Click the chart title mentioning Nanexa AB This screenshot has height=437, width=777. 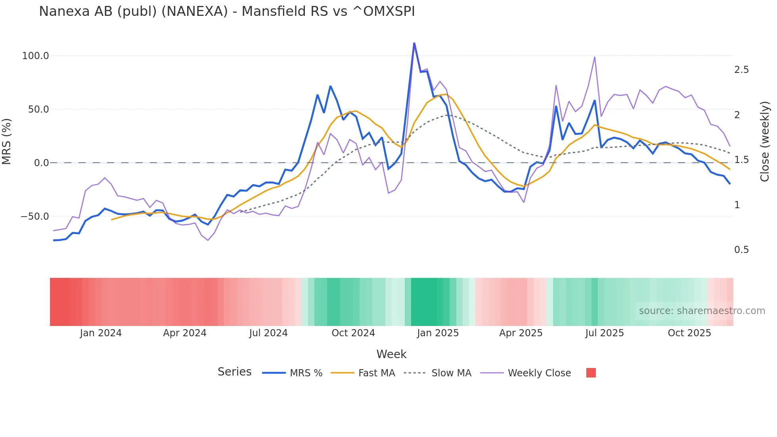pyautogui.click(x=227, y=11)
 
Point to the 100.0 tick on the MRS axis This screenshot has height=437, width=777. pyautogui.click(x=35, y=56)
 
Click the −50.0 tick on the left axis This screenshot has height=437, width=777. pyautogui.click(x=35, y=217)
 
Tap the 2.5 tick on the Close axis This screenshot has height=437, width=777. pyautogui.click(x=741, y=70)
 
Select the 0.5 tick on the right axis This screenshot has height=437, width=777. pyautogui.click(x=741, y=250)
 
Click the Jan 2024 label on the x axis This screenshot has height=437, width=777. pyautogui.click(x=101, y=333)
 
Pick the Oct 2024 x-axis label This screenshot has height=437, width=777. pyautogui.click(x=353, y=333)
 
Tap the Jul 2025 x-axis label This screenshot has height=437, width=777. pyautogui.click(x=605, y=333)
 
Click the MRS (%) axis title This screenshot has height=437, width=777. pyautogui.click(x=7, y=141)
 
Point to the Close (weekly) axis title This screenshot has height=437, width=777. pyautogui.click(x=765, y=141)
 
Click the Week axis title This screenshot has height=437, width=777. pyautogui.click(x=391, y=354)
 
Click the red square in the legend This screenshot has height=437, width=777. pyautogui.click(x=591, y=373)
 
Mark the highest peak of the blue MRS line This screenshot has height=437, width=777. pyautogui.click(x=414, y=43)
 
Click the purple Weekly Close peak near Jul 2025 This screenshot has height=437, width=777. pyautogui.click(x=595, y=57)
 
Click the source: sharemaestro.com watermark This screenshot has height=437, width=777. pyautogui.click(x=702, y=311)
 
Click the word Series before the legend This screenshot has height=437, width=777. pyautogui.click(x=234, y=372)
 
